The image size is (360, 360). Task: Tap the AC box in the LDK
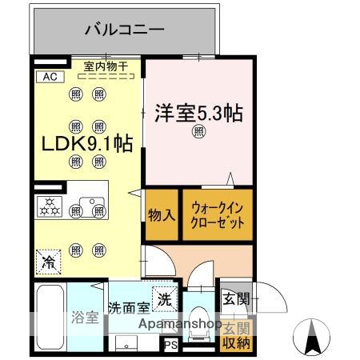pyautogui.click(x=48, y=77)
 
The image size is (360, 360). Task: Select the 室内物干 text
pyautogui.click(x=106, y=67)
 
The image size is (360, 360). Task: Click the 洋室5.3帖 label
pyautogui.click(x=198, y=113)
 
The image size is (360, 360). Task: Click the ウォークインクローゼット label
pyautogui.click(x=217, y=214)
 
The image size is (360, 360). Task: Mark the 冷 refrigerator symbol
pyautogui.click(x=49, y=261)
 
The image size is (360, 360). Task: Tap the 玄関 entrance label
pyautogui.click(x=236, y=300)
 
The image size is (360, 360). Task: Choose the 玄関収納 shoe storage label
pyautogui.click(x=236, y=336)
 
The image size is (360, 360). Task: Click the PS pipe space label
pyautogui.click(x=170, y=346)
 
